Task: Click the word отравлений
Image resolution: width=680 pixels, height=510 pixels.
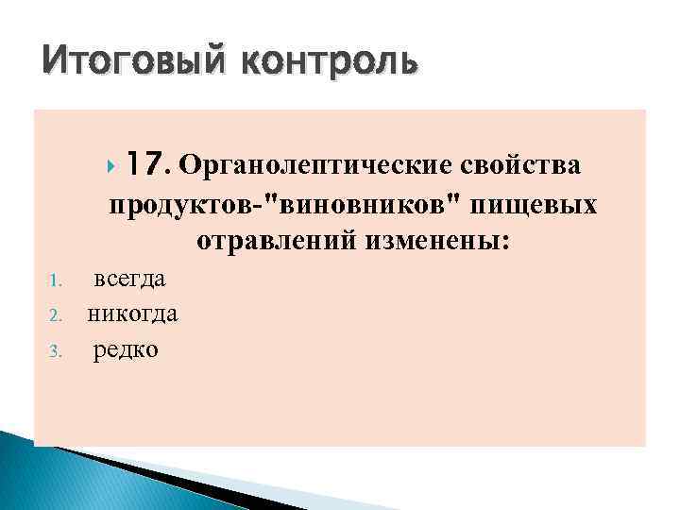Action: click(276, 242)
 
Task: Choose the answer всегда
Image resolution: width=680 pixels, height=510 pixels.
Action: click(129, 279)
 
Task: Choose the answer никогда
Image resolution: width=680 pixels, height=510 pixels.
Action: click(132, 314)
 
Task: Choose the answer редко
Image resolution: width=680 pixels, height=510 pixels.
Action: click(126, 349)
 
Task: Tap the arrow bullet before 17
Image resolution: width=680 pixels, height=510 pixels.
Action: click(112, 167)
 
